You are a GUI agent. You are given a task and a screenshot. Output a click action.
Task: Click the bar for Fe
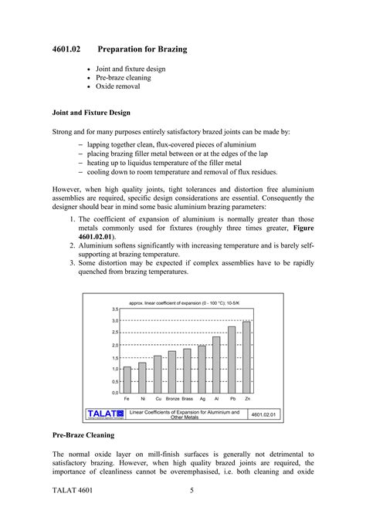tap(127, 380)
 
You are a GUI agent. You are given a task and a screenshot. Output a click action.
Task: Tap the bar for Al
tap(216, 364)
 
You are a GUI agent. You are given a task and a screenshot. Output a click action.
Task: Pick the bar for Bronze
tap(172, 372)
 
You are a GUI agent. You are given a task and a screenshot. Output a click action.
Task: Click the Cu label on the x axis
tap(158, 399)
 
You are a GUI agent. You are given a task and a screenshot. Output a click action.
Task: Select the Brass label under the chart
tap(187, 399)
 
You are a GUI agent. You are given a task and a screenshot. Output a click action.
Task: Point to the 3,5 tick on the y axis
tap(114, 309)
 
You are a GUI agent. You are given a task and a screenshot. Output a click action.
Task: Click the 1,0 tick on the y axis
tap(114, 369)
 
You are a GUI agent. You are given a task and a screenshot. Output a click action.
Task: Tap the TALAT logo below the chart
tap(105, 414)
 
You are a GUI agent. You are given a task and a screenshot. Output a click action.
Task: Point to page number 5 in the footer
tap(191, 491)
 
